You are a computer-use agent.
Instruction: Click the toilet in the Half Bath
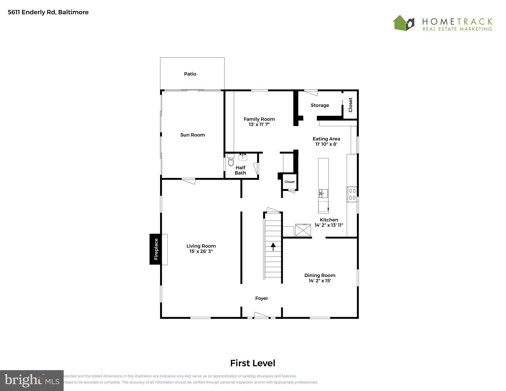pos(231,160)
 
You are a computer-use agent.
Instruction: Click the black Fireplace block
pos(155,249)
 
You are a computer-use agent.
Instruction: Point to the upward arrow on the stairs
pos(273,246)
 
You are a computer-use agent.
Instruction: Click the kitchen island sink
pos(323,193)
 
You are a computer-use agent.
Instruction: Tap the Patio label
pos(190,74)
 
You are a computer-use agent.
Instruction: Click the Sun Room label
pos(192,135)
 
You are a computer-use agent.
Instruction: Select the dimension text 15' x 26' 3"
pos(201,251)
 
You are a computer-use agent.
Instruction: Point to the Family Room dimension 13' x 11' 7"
pos(259,124)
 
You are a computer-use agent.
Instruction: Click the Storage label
pos(320,105)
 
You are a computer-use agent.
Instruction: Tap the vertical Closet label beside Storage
pos(350,105)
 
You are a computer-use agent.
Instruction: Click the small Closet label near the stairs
pos(289,182)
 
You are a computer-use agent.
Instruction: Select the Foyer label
pos(261,298)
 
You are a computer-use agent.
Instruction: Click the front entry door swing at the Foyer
pos(261,315)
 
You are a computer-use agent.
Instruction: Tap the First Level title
pos(252,363)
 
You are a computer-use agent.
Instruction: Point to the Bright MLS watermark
pos(32,380)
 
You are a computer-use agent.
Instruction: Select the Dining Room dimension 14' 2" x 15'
pos(320,281)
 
